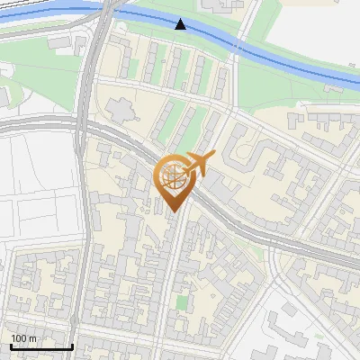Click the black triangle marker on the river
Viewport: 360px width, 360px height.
182,24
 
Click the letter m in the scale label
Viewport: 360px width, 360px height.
33,338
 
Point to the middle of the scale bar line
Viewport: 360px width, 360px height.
41,346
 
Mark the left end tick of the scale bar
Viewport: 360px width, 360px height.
11,346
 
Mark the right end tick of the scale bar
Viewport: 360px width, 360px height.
72,346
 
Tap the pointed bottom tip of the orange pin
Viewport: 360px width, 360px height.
174,212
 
